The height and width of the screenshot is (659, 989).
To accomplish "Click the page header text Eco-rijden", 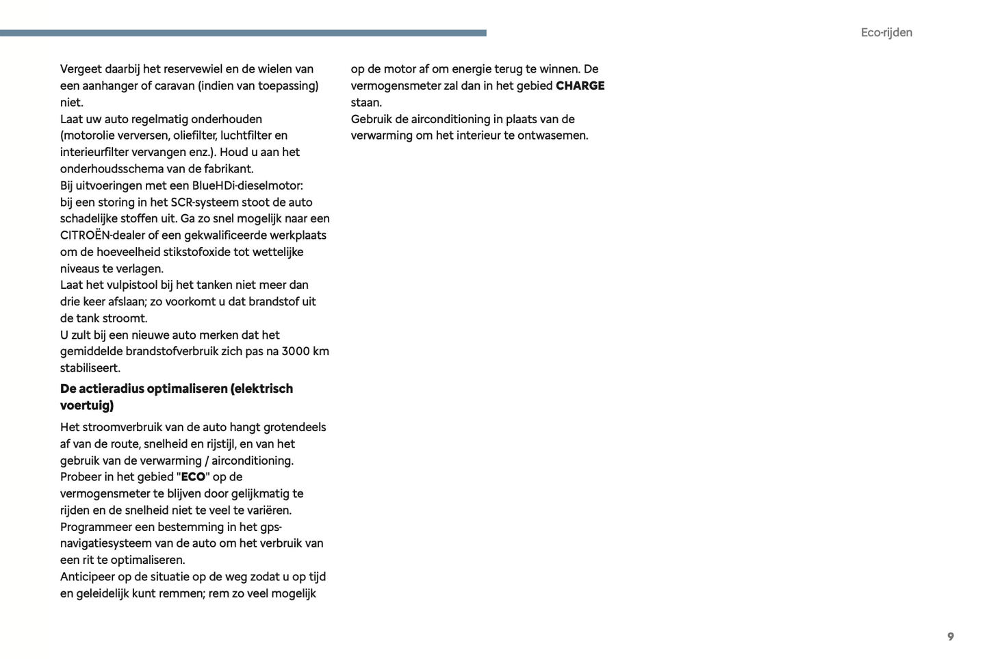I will pyautogui.click(x=886, y=32).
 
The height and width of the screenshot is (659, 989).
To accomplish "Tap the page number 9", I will pyautogui.click(x=950, y=636).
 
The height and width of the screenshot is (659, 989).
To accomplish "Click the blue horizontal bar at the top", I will pyautogui.click(x=243, y=33).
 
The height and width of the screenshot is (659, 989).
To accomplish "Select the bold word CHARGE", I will pyautogui.click(x=580, y=86).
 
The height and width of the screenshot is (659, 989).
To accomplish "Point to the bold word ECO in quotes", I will pyautogui.click(x=193, y=477).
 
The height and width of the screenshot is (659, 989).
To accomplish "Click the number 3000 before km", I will pyautogui.click(x=296, y=351).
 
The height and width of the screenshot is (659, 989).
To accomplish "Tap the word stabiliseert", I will pyautogui.click(x=90, y=368).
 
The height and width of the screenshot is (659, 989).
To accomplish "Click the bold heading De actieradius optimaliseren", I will pyautogui.click(x=144, y=389).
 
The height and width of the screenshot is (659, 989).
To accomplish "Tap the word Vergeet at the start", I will pyautogui.click(x=81, y=69).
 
